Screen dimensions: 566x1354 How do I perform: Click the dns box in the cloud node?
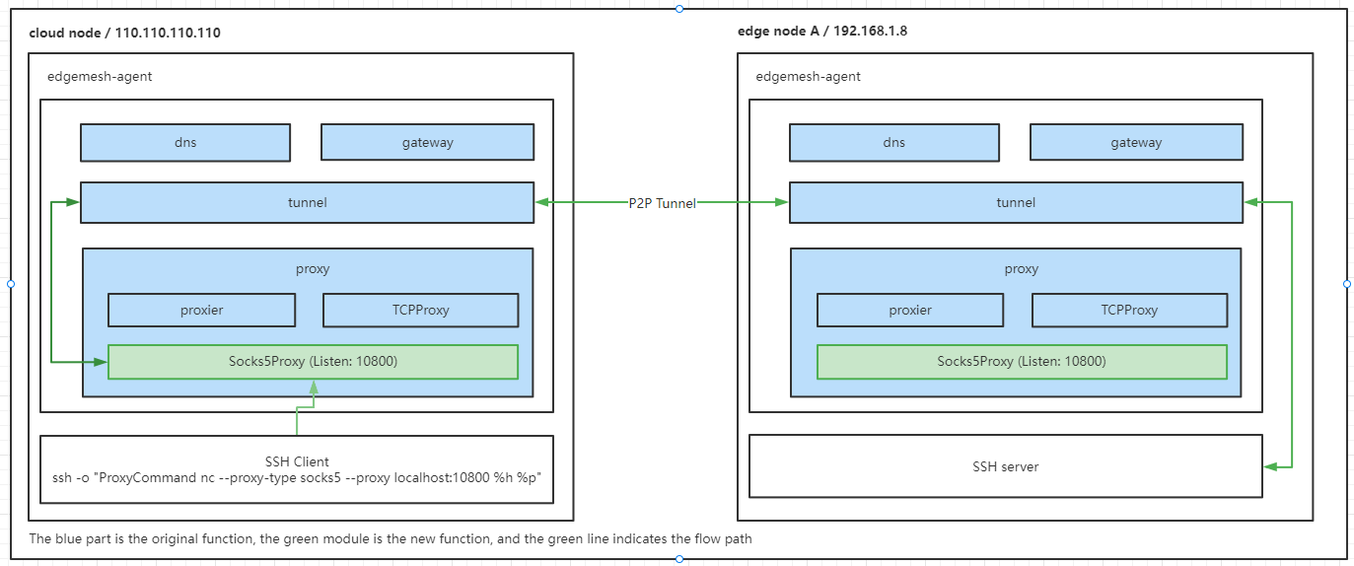point(185,142)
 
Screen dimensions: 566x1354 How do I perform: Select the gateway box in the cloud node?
point(427,142)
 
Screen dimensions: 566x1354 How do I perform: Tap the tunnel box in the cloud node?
point(307,202)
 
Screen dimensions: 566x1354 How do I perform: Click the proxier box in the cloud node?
point(201,310)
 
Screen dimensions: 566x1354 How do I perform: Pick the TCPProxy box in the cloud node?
point(420,310)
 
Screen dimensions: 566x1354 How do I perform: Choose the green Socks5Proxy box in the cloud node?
point(313,362)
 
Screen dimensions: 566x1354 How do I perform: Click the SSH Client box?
point(297,468)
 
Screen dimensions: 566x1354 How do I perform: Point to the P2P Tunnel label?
point(662,203)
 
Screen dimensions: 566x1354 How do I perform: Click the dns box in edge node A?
point(893,142)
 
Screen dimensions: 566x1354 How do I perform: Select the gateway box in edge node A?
point(1136,142)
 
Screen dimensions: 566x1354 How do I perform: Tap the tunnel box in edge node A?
point(1016,202)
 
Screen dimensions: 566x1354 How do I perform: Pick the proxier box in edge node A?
point(910,310)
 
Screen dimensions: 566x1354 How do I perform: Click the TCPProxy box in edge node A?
point(1129,310)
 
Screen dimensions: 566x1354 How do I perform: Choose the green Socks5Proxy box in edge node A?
point(1022,362)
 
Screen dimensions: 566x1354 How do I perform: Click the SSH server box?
point(1005,466)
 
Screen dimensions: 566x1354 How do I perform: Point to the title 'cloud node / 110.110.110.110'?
point(124,33)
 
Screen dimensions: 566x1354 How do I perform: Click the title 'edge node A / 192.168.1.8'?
point(822,31)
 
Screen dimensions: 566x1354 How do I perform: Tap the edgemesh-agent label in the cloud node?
point(100,76)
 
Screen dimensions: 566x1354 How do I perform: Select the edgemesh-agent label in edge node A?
point(808,76)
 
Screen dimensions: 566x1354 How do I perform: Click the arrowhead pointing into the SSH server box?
point(1271,466)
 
